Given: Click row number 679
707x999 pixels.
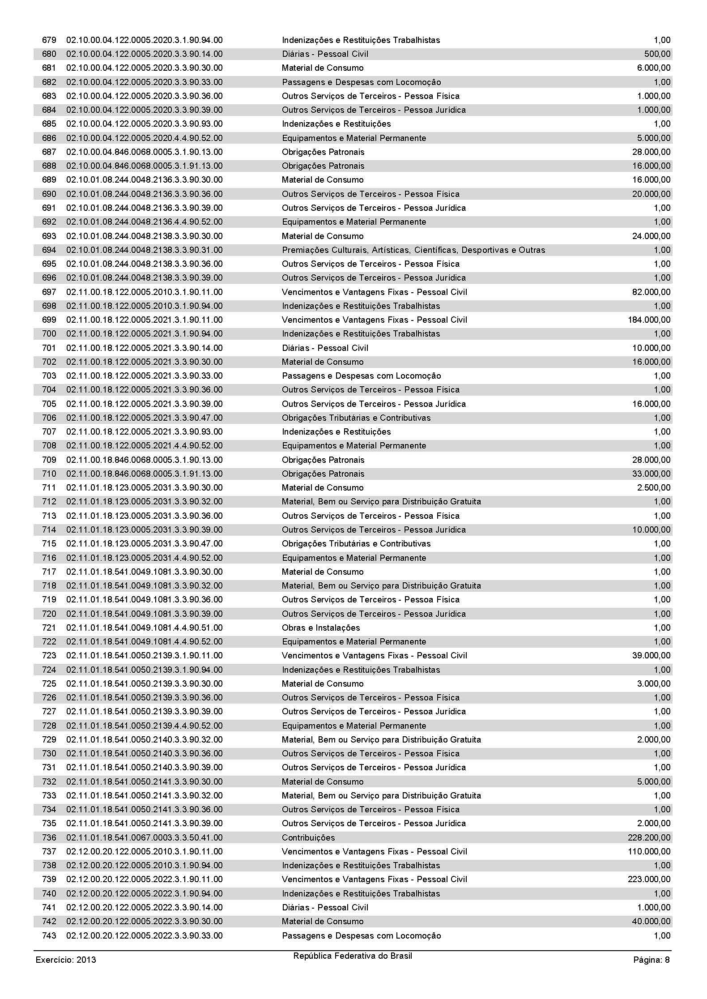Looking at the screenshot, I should point(49,40).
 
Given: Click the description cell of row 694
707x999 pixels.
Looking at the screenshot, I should point(413,250).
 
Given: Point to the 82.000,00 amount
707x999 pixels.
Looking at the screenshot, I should point(651,292).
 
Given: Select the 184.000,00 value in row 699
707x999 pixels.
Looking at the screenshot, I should point(649,320).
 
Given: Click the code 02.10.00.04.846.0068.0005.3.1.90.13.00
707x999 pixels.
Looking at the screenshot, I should point(144,152).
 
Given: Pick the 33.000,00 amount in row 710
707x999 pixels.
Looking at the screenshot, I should point(651,474).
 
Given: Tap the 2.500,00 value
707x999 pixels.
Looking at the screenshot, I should point(654,488).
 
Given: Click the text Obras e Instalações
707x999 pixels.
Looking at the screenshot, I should point(320,628).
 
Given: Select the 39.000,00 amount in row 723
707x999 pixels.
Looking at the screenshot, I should point(651,656).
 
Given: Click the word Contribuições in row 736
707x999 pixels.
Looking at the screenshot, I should point(308,838).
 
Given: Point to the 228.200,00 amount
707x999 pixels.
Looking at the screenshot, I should point(649,838).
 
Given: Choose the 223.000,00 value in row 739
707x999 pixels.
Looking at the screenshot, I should point(649,879).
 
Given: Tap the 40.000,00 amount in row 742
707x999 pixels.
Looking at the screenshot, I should point(651,922).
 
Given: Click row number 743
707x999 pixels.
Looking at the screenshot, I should point(49,936).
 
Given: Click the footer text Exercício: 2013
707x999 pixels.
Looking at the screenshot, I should point(66,960).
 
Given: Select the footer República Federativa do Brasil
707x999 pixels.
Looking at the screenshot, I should point(353,956).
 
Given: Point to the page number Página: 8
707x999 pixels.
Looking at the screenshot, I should point(651,960).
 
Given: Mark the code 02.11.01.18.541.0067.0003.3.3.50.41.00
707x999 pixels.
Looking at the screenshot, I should point(144,838).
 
